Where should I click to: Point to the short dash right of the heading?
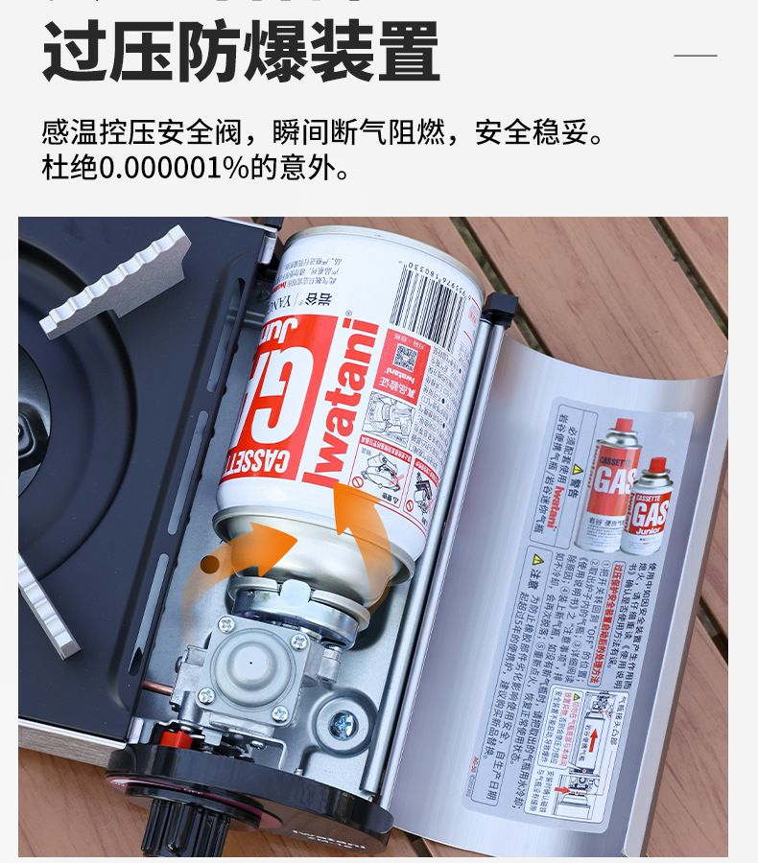pos(695,56)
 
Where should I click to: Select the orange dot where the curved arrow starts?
pos(209,564)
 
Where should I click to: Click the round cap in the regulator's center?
pos(251,665)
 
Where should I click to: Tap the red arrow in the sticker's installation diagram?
pos(593,738)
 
